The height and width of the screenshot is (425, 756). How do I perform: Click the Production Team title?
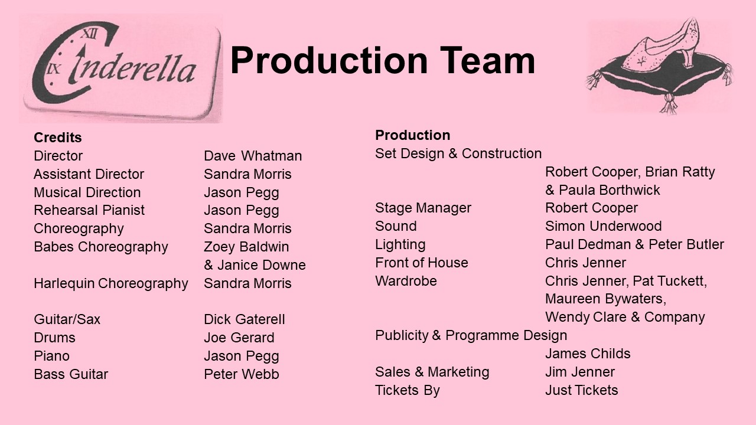[382, 61]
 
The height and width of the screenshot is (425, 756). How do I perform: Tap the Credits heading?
[58, 138]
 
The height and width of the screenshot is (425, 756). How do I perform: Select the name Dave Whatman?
[253, 156]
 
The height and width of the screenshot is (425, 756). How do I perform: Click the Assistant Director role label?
[89, 174]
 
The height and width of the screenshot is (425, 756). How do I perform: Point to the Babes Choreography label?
[101, 247]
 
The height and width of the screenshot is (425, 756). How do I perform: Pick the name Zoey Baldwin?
[246, 247]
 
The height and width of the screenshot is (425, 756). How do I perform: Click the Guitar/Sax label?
[67, 319]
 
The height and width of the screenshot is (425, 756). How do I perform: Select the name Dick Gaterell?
[245, 319]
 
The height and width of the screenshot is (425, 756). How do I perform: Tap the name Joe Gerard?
[239, 337]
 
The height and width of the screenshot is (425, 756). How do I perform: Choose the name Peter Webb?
[242, 374]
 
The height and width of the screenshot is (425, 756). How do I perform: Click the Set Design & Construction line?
[458, 153]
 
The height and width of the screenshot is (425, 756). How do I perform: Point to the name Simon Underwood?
[604, 226]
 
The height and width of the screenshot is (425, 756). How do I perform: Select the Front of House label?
[422, 263]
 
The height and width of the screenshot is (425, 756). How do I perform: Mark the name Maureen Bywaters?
[606, 299]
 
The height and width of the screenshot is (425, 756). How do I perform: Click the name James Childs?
[588, 354]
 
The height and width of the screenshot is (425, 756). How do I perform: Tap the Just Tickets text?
[582, 390]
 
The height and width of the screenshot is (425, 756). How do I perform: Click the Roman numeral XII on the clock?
[90, 34]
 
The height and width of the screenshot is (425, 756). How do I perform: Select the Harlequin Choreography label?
[111, 283]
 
